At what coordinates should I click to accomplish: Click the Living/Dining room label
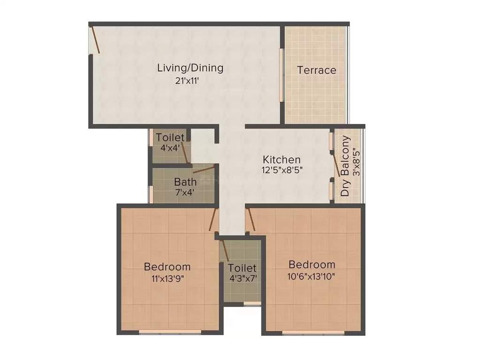pos(190,68)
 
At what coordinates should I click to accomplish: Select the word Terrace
pos(317,70)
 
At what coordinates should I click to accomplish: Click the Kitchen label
pos(281,159)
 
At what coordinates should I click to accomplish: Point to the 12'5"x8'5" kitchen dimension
pos(282,170)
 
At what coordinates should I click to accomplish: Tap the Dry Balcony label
pos(345,166)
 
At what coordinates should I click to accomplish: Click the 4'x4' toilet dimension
pos(170,148)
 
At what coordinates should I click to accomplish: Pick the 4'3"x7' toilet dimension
pos(242,278)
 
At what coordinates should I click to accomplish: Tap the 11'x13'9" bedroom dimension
pos(168,277)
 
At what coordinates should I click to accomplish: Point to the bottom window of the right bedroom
pos(313,332)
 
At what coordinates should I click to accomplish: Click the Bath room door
pos(204,169)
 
